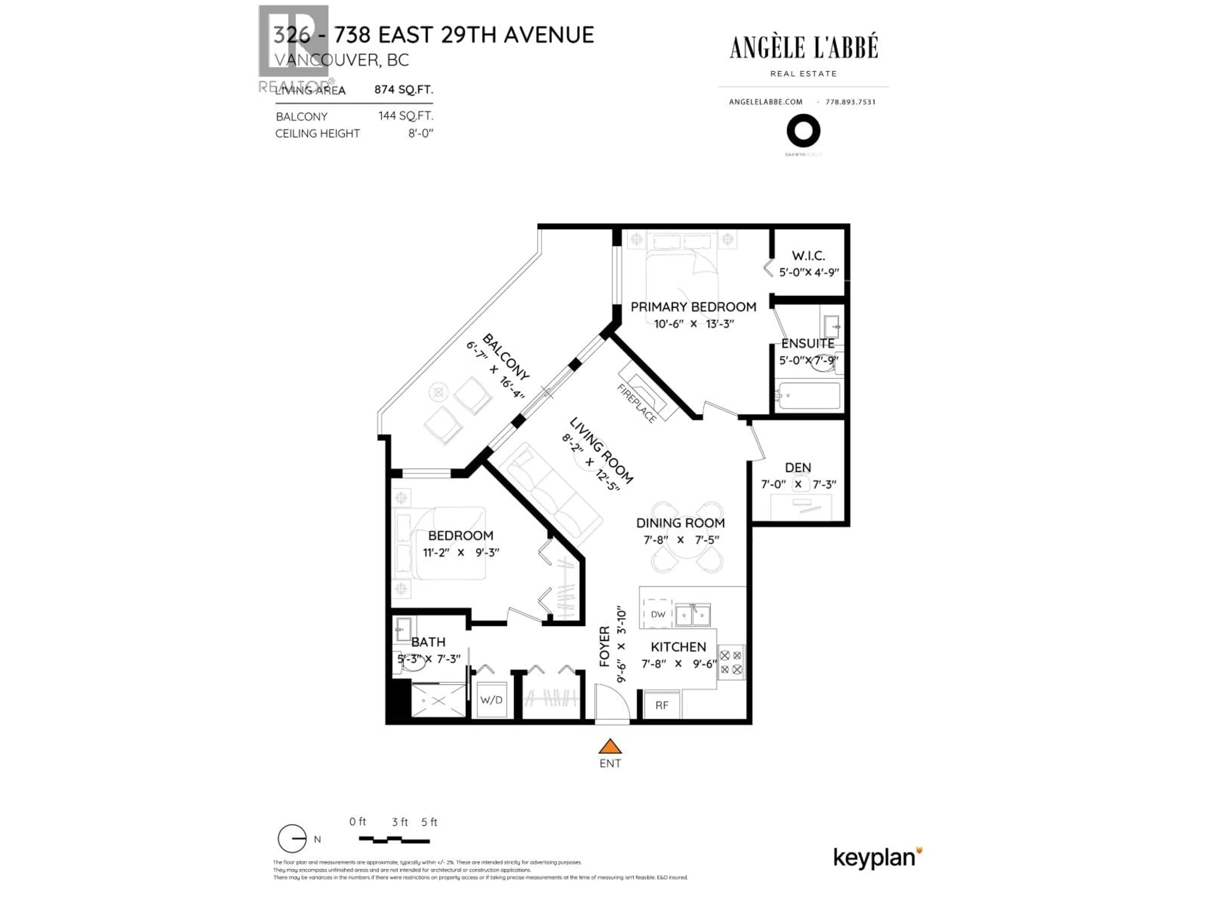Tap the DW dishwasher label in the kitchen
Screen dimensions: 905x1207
(x=658, y=614)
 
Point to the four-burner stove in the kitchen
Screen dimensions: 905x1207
(x=730, y=662)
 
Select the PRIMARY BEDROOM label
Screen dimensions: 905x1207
(x=693, y=307)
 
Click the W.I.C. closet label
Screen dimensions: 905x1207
(x=808, y=255)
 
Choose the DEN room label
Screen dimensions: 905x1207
(x=798, y=468)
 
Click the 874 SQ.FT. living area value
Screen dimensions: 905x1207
(x=403, y=90)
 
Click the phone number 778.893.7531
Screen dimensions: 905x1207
(x=850, y=102)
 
